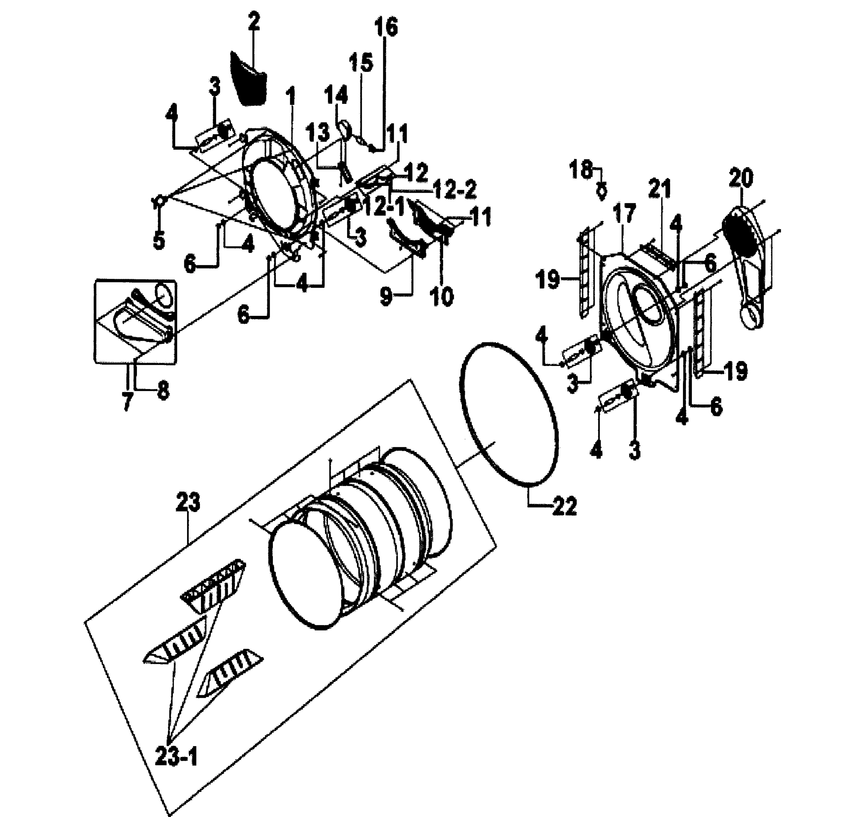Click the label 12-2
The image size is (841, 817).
(455, 189)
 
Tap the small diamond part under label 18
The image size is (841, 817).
(602, 191)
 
